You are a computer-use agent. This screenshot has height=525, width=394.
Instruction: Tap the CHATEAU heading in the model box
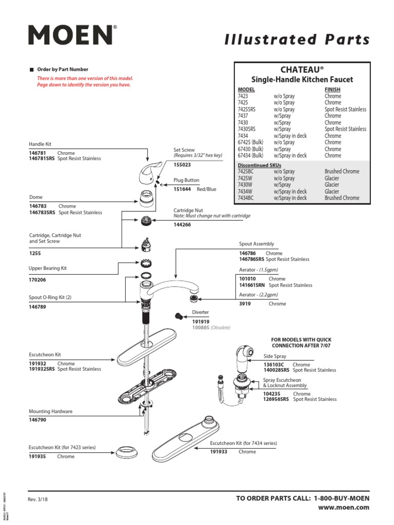point(302,69)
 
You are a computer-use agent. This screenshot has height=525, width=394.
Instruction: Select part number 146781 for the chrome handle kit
point(37,153)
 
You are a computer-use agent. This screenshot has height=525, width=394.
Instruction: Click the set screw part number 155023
point(182,165)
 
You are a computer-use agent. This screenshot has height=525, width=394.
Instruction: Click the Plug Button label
point(186,180)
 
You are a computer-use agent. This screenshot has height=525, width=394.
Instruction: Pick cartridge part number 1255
point(35,253)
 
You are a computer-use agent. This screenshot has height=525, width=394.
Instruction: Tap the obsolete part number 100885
point(201,327)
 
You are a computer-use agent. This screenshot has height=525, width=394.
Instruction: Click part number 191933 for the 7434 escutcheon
point(219,452)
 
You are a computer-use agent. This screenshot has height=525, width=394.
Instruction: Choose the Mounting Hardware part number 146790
point(37,419)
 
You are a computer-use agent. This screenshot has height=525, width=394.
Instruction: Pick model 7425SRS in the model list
point(247,109)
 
